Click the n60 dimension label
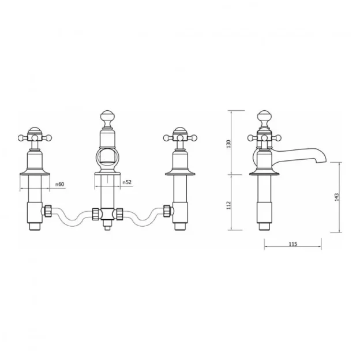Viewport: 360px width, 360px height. tap(59, 185)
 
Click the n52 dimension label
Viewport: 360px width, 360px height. tap(127, 182)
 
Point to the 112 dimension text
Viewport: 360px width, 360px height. tap(228, 204)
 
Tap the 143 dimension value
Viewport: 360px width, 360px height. tap(336, 197)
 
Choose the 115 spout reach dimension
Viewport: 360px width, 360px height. tap(292, 245)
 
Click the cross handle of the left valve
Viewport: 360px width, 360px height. tap(36, 137)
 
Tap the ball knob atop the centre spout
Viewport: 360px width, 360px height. tap(108, 116)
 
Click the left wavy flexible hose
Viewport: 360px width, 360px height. tap(73, 216)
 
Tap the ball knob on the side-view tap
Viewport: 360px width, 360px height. tap(264, 116)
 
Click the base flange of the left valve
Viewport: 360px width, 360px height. tap(36, 171)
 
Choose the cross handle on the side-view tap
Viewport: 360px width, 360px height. tap(264, 137)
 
